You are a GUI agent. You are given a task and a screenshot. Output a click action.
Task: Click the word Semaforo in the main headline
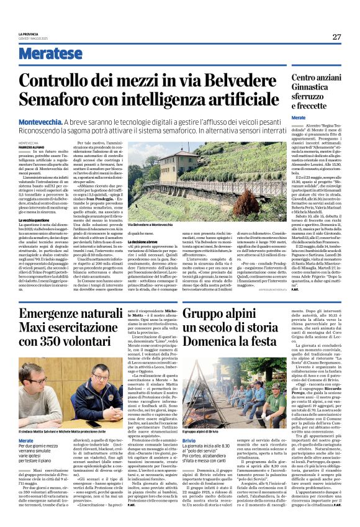pyautogui.click(x=62, y=98)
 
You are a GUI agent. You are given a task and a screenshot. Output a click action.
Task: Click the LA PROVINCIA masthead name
pyautogui.click(x=27, y=34)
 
